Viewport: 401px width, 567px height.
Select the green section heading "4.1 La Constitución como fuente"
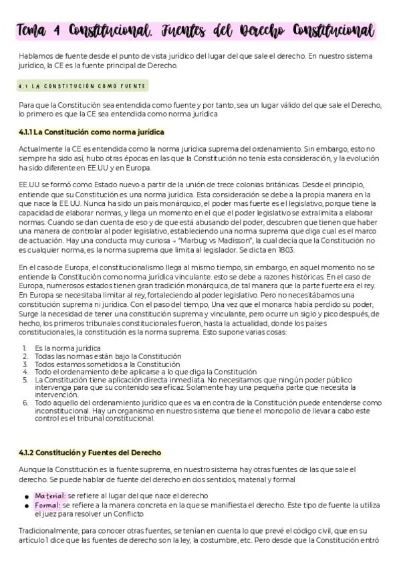tap(83, 86)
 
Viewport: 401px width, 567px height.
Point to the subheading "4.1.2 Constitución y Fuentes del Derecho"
tap(90, 453)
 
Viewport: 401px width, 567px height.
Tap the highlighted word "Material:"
tap(50, 495)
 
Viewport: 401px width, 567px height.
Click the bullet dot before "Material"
tap(26, 496)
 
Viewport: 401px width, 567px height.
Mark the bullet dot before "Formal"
tap(26, 505)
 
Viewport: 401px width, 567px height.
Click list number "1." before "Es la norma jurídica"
tap(25, 348)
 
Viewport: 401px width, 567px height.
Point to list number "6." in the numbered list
tap(25, 403)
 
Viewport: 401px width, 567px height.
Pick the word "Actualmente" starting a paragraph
tap(41, 148)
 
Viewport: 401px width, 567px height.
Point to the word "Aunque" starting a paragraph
tap(31, 470)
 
